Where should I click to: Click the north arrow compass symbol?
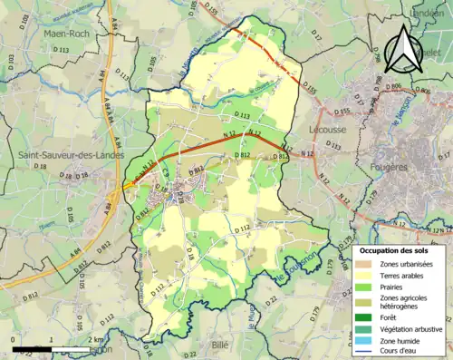pos(400,50)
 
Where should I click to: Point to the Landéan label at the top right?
pos(426,14)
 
